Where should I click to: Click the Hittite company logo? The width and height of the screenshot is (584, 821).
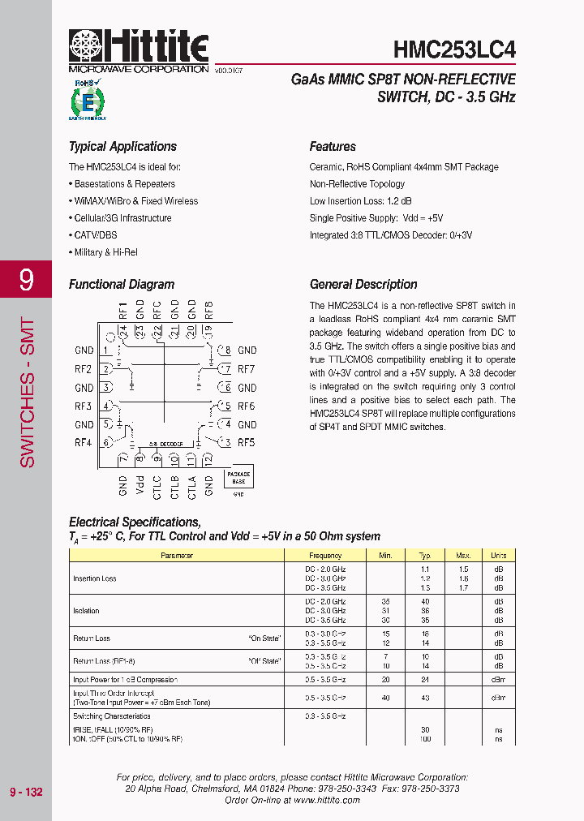pos(138,51)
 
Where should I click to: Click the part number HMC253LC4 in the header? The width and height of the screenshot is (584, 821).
pos(454,49)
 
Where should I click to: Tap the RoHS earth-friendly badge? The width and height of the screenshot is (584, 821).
pos(87,100)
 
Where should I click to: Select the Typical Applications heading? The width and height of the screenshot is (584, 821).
pos(122,147)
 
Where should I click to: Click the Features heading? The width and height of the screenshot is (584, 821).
pos(333,147)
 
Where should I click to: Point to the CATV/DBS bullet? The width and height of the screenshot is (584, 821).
pos(96,235)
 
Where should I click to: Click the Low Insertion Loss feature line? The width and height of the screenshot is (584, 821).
pos(360,201)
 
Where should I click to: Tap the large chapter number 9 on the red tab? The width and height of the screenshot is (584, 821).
pos(26,281)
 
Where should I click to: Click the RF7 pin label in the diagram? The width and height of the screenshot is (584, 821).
pos(247,369)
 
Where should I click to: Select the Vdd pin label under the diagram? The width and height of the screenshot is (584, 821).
pos(140,486)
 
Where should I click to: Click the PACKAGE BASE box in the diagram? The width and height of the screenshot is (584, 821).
pos(238,477)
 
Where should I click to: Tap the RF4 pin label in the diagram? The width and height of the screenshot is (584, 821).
pos(83,443)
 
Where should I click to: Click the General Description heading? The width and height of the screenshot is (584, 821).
pos(363,285)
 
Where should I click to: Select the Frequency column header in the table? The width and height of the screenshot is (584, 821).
pos(325,556)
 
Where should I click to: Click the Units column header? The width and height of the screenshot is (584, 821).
pos(498,556)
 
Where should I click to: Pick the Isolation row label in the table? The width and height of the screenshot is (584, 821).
pos(87,611)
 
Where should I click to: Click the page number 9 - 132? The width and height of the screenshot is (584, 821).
pos(26,792)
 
